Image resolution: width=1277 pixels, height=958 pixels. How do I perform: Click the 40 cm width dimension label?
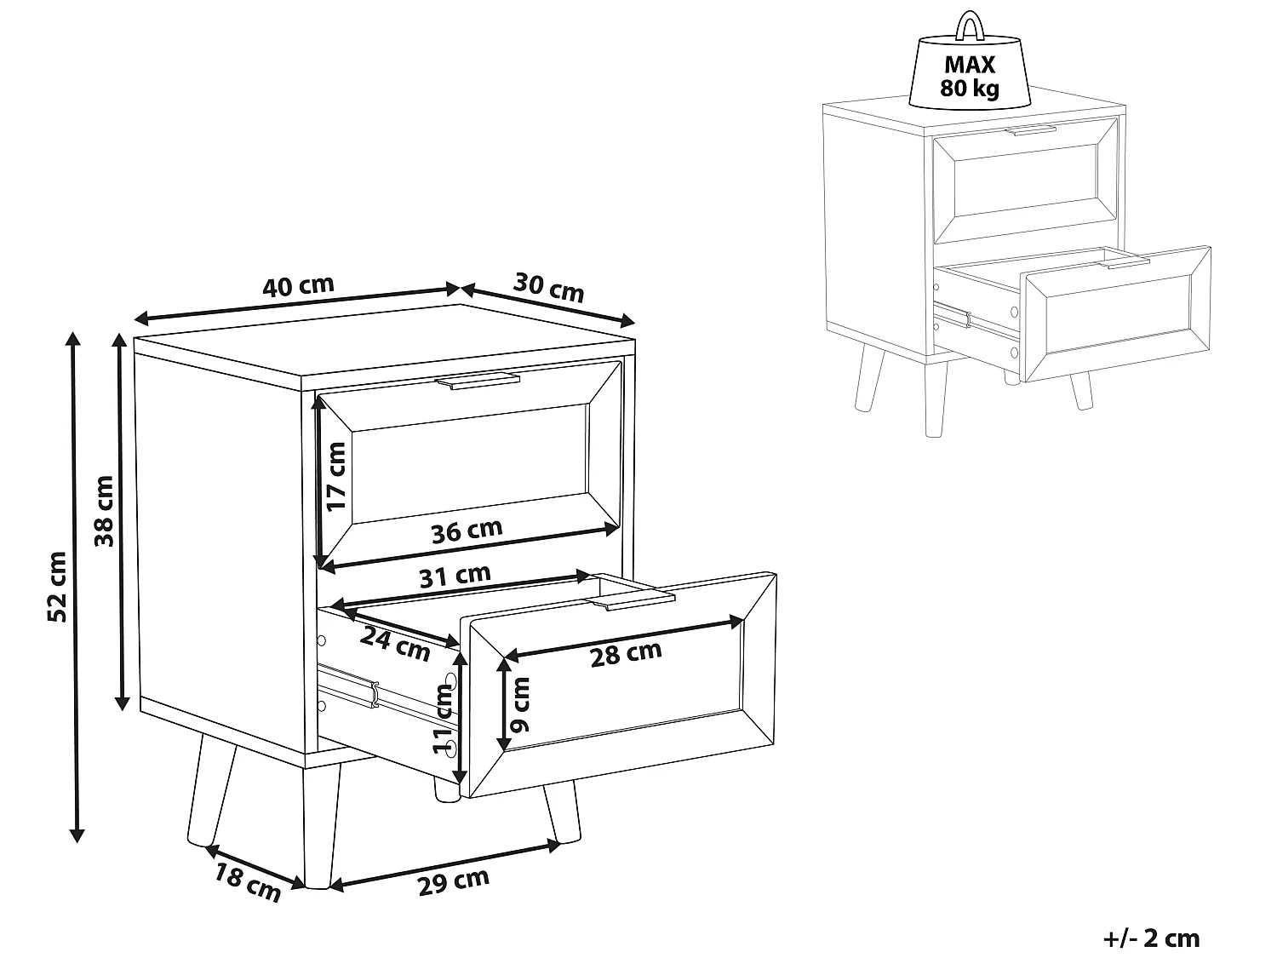coord(298,285)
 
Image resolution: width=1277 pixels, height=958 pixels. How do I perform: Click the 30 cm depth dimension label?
coord(548,288)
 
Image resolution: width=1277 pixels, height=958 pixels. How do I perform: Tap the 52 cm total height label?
coord(57,587)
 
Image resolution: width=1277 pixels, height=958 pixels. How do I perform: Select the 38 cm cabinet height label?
coord(104,511)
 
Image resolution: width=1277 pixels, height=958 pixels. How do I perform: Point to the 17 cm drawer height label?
coord(335,477)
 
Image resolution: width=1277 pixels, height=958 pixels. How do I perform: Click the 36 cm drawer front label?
coord(467,531)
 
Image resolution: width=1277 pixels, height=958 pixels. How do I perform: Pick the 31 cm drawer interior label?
coord(455,576)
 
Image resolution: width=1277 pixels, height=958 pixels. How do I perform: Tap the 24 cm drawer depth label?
coord(395,644)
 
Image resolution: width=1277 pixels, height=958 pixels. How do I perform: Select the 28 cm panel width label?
coord(626,654)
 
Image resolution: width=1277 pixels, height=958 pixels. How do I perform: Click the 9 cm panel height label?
coord(520,704)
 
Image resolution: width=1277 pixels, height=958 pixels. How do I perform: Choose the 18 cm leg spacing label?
coord(247,882)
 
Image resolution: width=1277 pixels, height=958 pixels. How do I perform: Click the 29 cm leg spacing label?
coord(453,882)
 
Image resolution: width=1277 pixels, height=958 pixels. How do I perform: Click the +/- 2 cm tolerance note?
coord(1151,938)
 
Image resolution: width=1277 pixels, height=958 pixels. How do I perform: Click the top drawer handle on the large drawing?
coord(477,381)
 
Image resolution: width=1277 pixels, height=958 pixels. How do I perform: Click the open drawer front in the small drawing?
coord(1116,315)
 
